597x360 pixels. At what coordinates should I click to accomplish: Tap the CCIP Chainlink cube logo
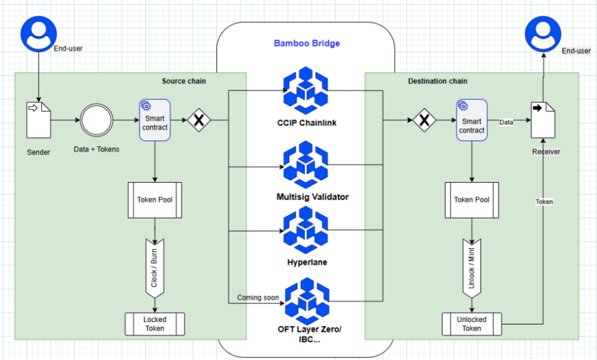[x=305, y=91]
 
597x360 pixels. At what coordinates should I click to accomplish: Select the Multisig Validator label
[x=312, y=197]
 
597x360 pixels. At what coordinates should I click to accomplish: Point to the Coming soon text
[x=258, y=298]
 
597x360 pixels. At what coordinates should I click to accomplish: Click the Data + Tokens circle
[x=96, y=120]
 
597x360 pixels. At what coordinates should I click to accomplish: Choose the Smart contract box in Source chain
[x=154, y=120]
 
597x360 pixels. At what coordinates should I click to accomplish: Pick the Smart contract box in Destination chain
[x=471, y=120]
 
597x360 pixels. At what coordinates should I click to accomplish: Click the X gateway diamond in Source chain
[x=199, y=120]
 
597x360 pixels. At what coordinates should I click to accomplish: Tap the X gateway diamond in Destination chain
[x=425, y=121]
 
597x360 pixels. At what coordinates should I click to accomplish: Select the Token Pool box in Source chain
[x=154, y=200]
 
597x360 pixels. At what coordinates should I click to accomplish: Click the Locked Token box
[x=154, y=324]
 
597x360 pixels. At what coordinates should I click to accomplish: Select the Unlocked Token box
[x=472, y=324]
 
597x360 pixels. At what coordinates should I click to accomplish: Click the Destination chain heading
[x=437, y=81]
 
